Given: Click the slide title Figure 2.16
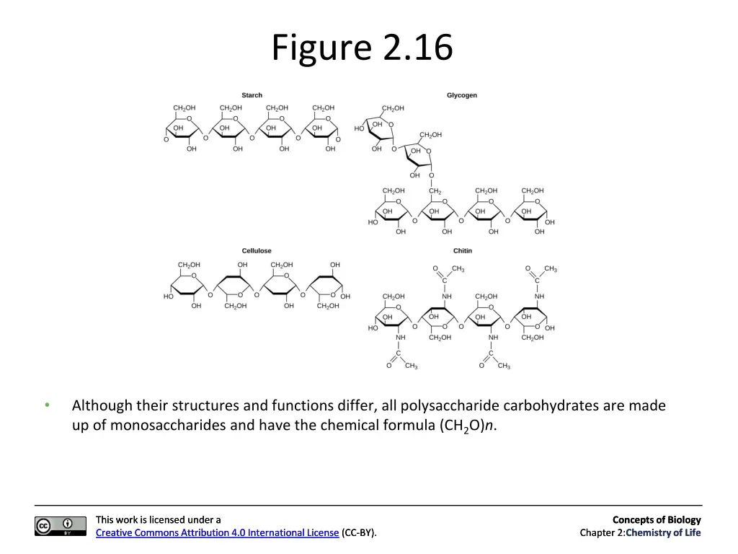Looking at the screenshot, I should (x=362, y=48).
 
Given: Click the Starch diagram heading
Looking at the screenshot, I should (x=252, y=95).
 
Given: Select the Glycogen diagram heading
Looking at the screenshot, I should (x=461, y=95).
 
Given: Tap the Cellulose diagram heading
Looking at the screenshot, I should (x=257, y=251).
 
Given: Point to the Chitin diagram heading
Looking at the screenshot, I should (x=463, y=251).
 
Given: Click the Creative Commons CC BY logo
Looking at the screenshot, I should (x=54, y=526).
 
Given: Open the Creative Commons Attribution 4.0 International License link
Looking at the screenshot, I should (x=217, y=533).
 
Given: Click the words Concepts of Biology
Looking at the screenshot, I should (x=656, y=519).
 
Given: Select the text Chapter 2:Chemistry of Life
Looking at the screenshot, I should (x=640, y=533).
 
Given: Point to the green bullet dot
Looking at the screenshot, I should (x=47, y=405).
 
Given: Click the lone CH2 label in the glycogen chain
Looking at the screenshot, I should (x=435, y=191).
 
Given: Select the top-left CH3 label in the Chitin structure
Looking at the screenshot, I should (x=458, y=269).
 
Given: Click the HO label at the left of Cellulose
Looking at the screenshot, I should (x=168, y=296).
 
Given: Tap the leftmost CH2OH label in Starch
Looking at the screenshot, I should (x=184, y=108).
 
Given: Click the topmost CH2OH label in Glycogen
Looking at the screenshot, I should (x=393, y=108).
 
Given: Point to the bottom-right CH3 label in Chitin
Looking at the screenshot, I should (x=504, y=366).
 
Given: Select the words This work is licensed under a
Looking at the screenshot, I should (x=158, y=519).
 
